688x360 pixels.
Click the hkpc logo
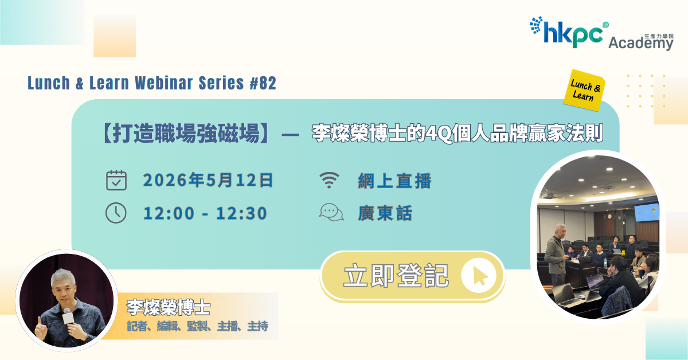tap(568, 32)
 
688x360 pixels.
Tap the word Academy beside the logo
tap(641, 43)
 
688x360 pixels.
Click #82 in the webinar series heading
tap(263, 83)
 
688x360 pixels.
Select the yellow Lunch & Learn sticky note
tap(584, 90)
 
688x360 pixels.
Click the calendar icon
tap(116, 181)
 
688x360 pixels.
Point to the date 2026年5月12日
tap(208, 180)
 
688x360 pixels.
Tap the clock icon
tap(116, 213)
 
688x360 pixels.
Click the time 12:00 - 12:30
tap(205, 213)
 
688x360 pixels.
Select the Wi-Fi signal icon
tap(329, 180)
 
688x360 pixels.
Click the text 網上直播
tap(394, 181)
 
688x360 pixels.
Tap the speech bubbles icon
tap(331, 212)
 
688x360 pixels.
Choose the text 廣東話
tap(385, 213)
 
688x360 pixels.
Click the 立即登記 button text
tap(396, 276)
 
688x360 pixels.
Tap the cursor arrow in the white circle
tap(480, 276)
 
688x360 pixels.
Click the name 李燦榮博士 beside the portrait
tap(169, 307)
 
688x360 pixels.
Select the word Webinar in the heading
tap(164, 83)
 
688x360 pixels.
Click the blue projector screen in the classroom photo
tap(647, 212)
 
